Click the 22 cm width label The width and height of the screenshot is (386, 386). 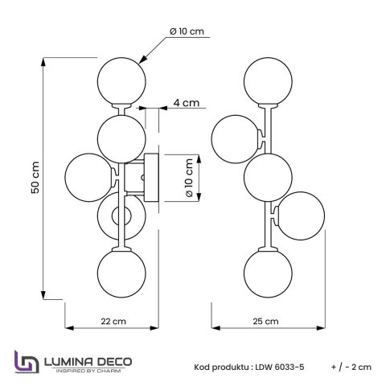click(112, 320)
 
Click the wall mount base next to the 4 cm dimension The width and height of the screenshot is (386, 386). click(150, 178)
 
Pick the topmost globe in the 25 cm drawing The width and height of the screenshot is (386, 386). click(266, 81)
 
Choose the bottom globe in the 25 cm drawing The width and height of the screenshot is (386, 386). click(266, 273)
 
